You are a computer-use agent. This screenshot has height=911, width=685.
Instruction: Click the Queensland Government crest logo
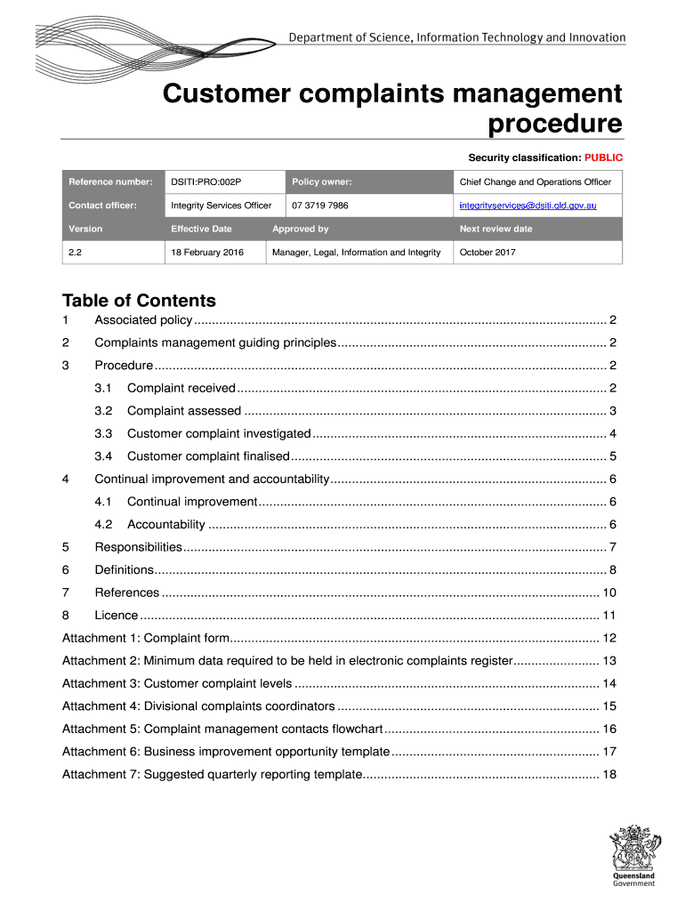633,855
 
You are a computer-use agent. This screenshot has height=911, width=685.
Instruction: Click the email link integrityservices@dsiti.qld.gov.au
528,206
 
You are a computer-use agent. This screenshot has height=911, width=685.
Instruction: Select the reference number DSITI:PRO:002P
205,182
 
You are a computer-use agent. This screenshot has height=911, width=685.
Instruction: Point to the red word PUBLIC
603,157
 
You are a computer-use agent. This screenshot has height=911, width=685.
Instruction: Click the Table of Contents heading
139,301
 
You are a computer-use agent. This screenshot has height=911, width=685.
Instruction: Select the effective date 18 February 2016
206,253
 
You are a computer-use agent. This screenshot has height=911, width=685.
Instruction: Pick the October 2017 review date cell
487,253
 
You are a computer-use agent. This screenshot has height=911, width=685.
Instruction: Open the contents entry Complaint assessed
184,411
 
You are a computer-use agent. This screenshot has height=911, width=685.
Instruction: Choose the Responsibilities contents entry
138,547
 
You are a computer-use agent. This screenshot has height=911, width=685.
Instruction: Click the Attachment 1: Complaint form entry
147,638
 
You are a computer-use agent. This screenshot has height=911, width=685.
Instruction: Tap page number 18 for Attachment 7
609,774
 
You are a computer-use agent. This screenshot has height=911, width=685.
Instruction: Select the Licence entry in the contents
117,615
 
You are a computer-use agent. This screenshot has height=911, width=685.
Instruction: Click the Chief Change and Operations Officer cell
535,182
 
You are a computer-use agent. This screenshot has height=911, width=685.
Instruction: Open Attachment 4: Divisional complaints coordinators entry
198,706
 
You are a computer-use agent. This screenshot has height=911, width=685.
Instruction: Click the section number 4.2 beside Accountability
103,524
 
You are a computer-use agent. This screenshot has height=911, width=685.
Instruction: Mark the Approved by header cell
301,229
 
